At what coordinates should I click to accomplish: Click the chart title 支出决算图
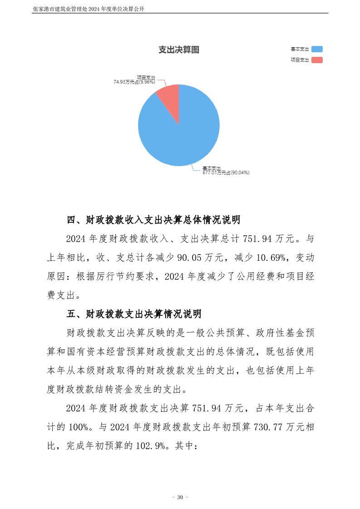tap(179, 50)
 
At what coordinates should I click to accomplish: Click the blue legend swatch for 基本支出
tap(317, 49)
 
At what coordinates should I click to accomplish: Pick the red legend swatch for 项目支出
tap(317, 60)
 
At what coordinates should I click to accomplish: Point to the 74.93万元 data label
tap(134, 82)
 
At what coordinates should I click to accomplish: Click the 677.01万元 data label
tap(226, 172)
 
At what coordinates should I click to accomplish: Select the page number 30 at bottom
tap(180, 498)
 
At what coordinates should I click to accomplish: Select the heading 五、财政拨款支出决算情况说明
tap(134, 314)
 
